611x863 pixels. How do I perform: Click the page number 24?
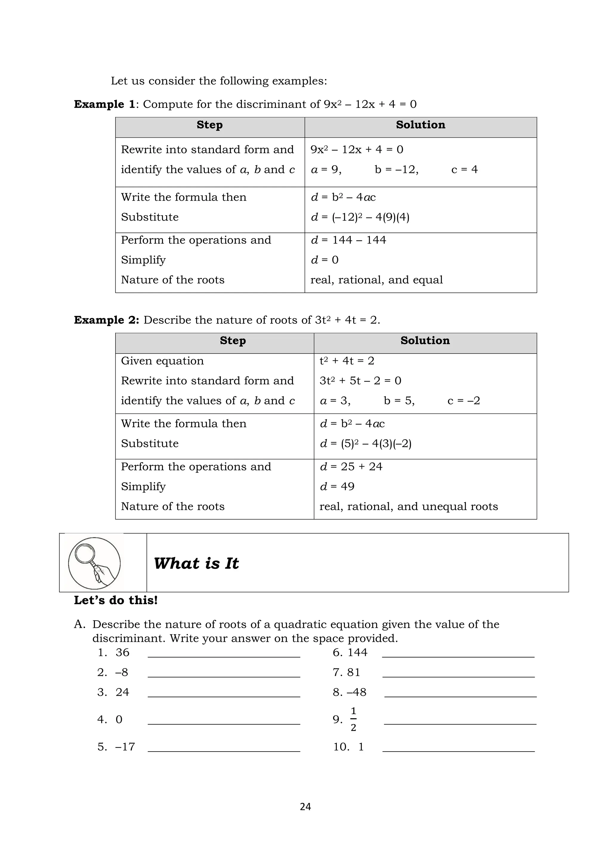[305, 806]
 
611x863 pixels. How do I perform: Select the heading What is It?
[196, 563]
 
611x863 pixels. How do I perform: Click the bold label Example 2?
[107, 320]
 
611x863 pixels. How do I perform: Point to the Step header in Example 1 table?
[209, 125]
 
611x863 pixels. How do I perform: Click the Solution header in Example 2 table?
[425, 340]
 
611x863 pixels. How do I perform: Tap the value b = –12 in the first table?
[396, 170]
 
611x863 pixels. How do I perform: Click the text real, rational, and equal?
[376, 280]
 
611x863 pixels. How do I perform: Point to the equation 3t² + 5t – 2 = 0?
[360, 381]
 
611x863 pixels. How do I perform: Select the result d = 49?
[337, 486]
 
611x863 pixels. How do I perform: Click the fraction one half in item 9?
[353, 719]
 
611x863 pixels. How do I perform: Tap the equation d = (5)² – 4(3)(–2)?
[365, 444]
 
